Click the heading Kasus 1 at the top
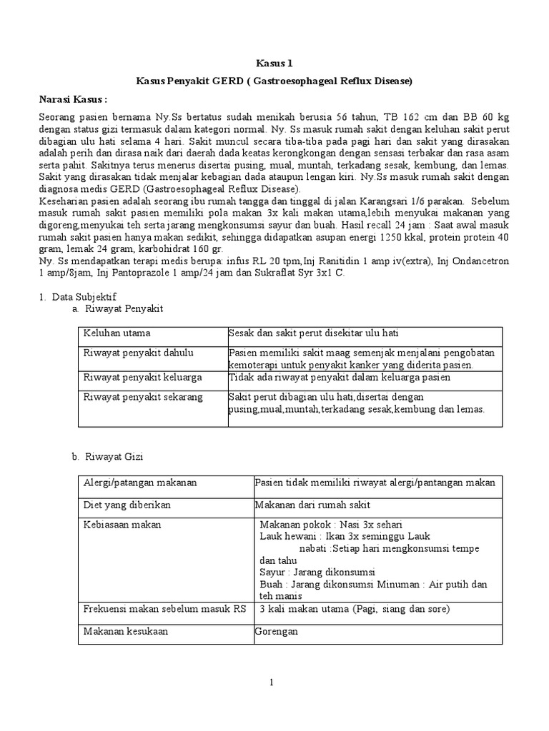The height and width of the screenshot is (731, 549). (x=274, y=64)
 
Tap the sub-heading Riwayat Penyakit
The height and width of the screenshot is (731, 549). (x=124, y=308)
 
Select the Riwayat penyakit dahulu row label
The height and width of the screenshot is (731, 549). (x=138, y=353)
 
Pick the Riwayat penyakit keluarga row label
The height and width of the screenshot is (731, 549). (x=142, y=376)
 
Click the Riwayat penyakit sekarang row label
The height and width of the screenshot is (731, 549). (x=143, y=397)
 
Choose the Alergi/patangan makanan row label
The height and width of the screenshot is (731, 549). (x=140, y=483)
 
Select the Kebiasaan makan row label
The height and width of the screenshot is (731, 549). (x=122, y=525)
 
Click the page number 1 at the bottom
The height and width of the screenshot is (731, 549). (x=272, y=682)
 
